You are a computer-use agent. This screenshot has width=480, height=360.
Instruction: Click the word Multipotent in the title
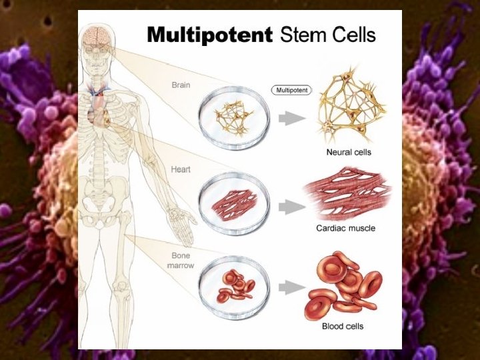point(209,34)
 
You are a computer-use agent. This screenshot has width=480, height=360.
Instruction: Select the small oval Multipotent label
point(291,89)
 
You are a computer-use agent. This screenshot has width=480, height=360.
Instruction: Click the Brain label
point(181,85)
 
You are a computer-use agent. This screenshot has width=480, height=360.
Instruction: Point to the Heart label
point(181,169)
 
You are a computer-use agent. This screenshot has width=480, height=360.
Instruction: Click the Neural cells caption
point(348,152)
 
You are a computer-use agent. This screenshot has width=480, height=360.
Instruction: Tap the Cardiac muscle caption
point(355,228)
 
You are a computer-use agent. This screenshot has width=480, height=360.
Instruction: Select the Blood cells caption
point(343,326)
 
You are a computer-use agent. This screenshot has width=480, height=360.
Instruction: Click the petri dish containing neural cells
point(234,117)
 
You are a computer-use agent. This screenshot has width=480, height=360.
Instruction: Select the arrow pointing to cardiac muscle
point(288,207)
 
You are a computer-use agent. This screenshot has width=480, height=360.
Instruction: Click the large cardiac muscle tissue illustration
point(349,195)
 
